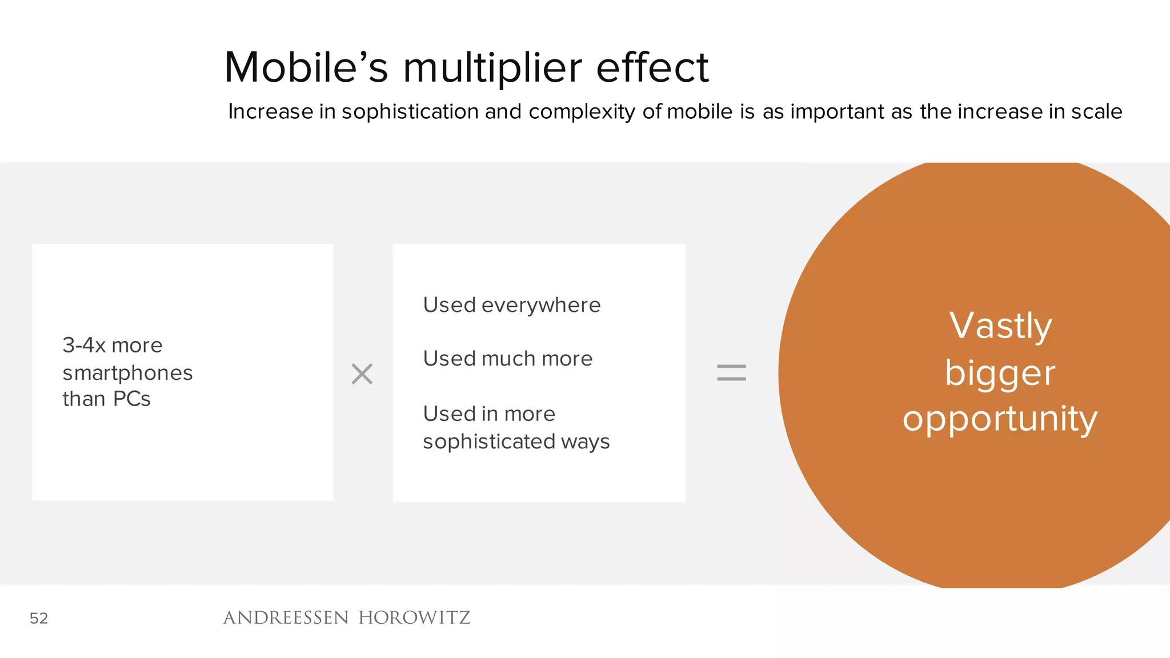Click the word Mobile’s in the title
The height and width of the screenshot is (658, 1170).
[x=306, y=67]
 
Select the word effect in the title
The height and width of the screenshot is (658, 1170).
[x=652, y=67]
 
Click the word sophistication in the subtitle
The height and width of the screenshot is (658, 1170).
[x=410, y=111]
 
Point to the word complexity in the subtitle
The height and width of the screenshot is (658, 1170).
[x=582, y=112]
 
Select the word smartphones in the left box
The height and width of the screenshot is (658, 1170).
[x=127, y=373]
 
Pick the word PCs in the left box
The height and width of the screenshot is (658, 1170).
[x=131, y=399]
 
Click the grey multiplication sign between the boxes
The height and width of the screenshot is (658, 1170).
[x=362, y=374]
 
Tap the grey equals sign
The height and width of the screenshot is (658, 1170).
[x=731, y=373]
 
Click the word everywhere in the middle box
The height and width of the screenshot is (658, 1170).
[x=540, y=306]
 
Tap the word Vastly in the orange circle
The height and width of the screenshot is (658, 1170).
[x=1000, y=326]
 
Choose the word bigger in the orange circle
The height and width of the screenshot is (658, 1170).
[x=1000, y=374]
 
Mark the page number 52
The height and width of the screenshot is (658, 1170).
[x=39, y=618]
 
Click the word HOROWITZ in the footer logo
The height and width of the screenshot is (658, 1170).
[x=414, y=617]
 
